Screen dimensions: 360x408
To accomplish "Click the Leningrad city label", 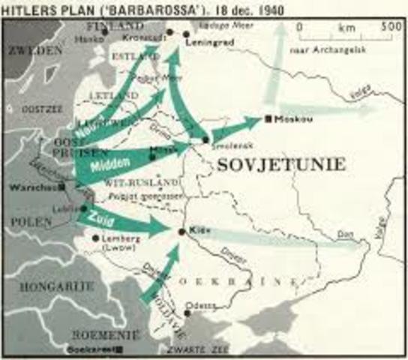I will [206, 43].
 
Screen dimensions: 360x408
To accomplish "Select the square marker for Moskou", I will [268, 118].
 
